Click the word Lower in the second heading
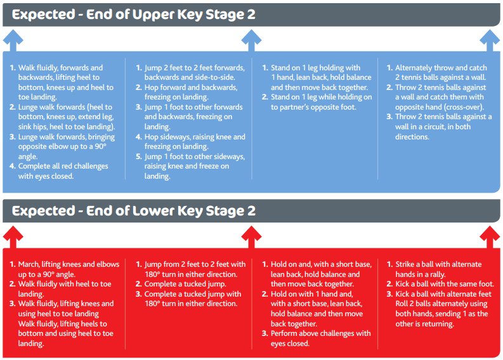tap(153, 211)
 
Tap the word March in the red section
tap(29, 264)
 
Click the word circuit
tap(434, 127)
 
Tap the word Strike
tap(405, 264)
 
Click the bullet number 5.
tap(138, 157)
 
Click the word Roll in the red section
tap(402, 304)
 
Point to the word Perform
tap(283, 333)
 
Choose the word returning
tap(439, 324)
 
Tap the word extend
tap(91, 117)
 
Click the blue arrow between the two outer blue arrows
tap(251, 41)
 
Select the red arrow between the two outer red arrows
tap(251, 237)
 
